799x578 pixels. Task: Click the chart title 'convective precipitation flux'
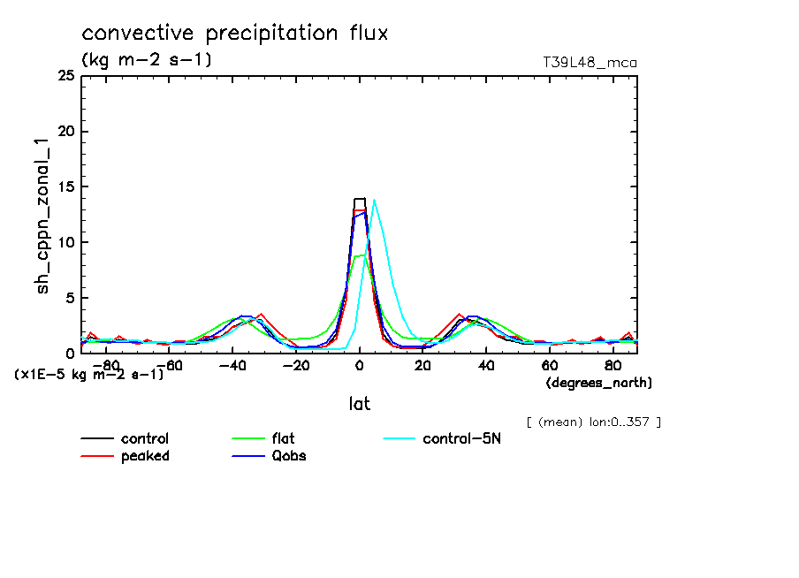click(235, 34)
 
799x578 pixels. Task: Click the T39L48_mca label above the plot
click(590, 63)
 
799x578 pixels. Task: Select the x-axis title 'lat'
click(359, 404)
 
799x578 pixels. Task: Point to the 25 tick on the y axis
click(65, 77)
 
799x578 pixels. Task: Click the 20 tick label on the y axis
click(65, 132)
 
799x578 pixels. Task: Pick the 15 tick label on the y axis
click(65, 187)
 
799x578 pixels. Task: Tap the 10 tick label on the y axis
click(65, 242)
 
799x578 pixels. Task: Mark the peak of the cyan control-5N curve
click(375, 201)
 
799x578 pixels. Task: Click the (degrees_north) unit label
click(598, 383)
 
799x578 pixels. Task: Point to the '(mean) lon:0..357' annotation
click(593, 422)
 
